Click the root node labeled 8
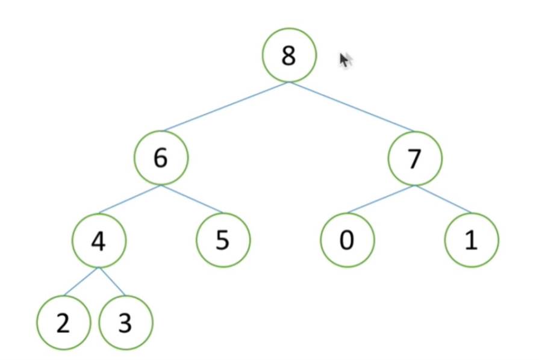(x=289, y=55)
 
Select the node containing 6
(x=161, y=158)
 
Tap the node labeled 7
(x=414, y=158)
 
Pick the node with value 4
(x=99, y=240)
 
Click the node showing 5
(x=223, y=240)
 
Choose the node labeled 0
(x=347, y=240)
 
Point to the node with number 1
(x=472, y=240)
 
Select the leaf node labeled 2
(x=63, y=323)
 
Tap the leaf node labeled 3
(x=125, y=323)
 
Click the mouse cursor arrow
(x=345, y=60)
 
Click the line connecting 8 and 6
(x=225, y=107)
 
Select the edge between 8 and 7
(x=352, y=107)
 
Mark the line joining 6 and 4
(x=130, y=199)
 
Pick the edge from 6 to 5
(x=192, y=199)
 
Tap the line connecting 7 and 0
(x=381, y=199)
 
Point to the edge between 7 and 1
(x=443, y=199)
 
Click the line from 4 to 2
(x=81, y=281)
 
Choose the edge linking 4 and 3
(x=112, y=281)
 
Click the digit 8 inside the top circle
(x=289, y=55)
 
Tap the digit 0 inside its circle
(x=347, y=240)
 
